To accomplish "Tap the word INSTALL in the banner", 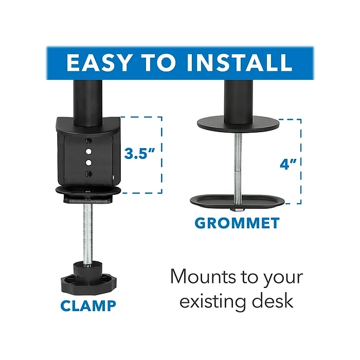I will coord(241,62).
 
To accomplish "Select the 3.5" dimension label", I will coord(140,153).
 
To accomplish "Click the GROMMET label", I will coord(237,223).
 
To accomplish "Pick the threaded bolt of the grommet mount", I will coord(238,165).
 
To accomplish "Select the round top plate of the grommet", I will coord(238,125).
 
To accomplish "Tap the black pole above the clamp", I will coord(85,98).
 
